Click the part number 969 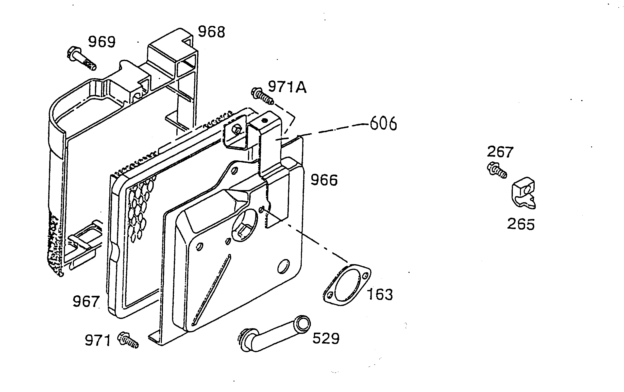pyautogui.click(x=102, y=42)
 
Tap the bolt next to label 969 pyautogui.click(x=82, y=59)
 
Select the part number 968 pyautogui.click(x=211, y=32)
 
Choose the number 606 pyautogui.click(x=383, y=124)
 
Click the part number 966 pyautogui.click(x=324, y=180)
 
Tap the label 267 pyautogui.click(x=500, y=152)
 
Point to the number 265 pyautogui.click(x=521, y=224)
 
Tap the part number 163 pyautogui.click(x=380, y=295)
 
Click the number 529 pyautogui.click(x=326, y=338)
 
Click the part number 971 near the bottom pyautogui.click(x=97, y=340)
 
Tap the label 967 pyautogui.click(x=86, y=302)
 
